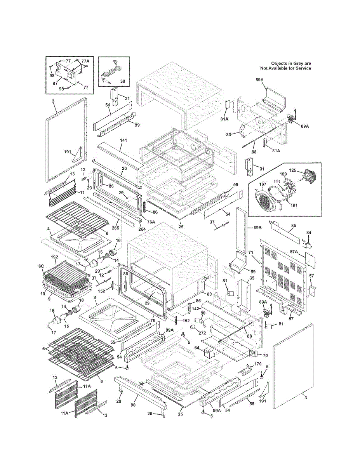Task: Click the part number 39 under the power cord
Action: [122, 81]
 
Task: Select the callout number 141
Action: [123, 140]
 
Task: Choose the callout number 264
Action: [142, 229]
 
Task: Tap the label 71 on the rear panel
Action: [250, 253]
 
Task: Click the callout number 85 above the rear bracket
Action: [294, 225]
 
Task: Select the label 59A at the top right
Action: [260, 80]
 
